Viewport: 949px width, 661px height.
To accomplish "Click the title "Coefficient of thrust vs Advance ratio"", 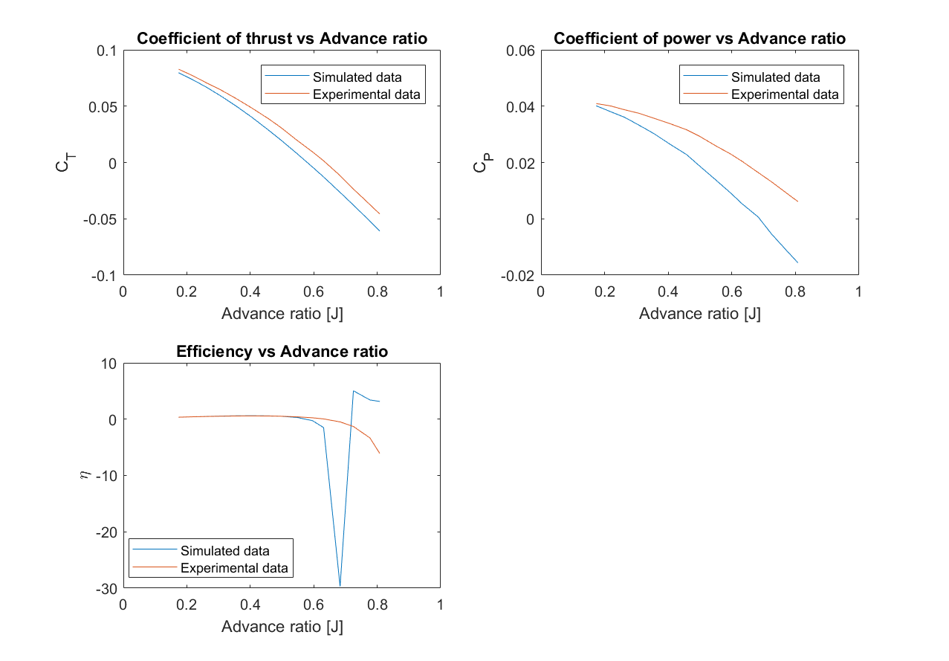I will [x=282, y=39].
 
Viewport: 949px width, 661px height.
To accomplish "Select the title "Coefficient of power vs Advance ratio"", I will [x=699, y=39].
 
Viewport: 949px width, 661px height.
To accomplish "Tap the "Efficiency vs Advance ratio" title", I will [x=282, y=352].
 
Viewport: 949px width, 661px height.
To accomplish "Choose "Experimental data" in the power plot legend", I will [x=785, y=94].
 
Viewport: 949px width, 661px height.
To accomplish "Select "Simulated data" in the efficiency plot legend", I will [x=224, y=551].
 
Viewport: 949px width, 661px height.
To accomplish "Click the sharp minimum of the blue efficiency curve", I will [x=340, y=586].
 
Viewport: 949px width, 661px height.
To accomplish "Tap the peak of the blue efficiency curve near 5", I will [x=354, y=391].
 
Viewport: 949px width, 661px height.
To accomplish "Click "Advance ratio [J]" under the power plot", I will [x=699, y=314].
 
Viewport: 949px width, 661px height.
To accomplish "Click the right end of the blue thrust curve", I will [x=380, y=230].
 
